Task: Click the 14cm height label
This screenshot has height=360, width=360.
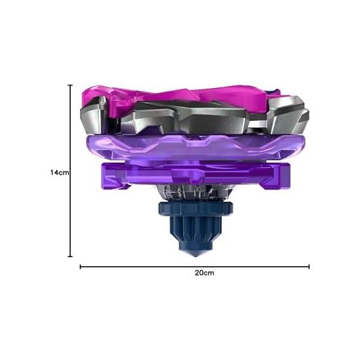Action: pyautogui.click(x=60, y=172)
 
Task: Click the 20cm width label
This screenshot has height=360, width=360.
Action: pyautogui.click(x=204, y=273)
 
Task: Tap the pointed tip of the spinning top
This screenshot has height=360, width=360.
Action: pyautogui.click(x=195, y=256)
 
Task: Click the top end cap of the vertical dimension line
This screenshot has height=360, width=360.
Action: pyautogui.click(x=70, y=85)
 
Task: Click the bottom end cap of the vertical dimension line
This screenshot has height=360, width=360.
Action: pyautogui.click(x=70, y=256)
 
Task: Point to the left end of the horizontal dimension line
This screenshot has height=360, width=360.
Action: pyautogui.click(x=80, y=267)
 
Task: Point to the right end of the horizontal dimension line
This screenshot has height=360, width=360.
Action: pyautogui.click(x=309, y=267)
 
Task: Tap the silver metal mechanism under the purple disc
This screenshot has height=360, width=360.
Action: pyautogui.click(x=195, y=193)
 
